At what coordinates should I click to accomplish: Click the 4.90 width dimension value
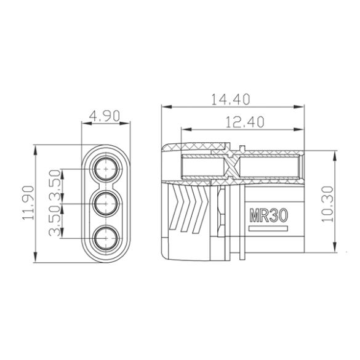point(106,116)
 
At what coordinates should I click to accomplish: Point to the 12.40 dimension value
point(244,122)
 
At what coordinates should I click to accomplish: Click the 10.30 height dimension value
point(327,202)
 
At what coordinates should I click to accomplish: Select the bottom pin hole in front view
point(106,237)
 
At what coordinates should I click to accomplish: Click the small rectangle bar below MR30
point(268,229)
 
